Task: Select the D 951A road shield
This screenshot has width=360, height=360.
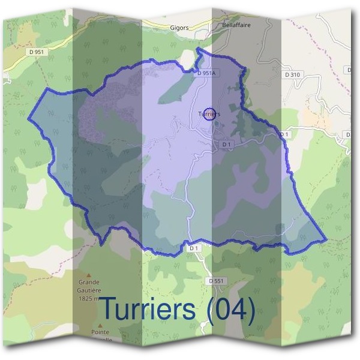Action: pos(206,73)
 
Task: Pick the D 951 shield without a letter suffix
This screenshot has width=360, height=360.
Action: pos(37,53)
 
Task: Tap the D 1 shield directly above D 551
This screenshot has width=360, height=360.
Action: pos(193,248)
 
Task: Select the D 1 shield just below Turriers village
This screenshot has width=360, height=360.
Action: pos(226,145)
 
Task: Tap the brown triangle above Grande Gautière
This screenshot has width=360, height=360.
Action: pos(88,273)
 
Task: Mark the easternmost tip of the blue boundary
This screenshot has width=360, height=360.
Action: pos(326,240)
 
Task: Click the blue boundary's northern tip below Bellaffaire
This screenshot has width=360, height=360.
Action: pos(198,50)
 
